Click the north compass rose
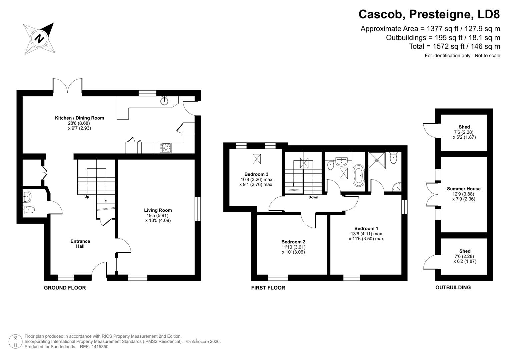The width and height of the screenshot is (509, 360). coord(39,39)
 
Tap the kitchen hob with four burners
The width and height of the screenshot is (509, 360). coord(165,147)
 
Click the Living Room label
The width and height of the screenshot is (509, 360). coord(158,210)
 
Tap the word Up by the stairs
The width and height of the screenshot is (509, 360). coord(87,197)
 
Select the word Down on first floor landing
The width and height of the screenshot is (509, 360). coord(313,197)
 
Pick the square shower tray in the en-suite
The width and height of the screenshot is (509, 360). coord(377,159)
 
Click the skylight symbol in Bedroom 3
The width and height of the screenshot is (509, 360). coord(257,159)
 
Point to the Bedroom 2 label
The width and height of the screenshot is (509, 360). coord(293,242)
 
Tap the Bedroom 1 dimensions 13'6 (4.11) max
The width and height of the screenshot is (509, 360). coord(366,234)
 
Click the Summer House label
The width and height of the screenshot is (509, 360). coord(464,189)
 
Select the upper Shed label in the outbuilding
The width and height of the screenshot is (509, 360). coord(464,127)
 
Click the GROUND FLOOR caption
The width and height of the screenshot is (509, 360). coord(65,288)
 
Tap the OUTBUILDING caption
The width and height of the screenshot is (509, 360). coord(453,287)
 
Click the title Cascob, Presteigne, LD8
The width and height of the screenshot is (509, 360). coord(429,14)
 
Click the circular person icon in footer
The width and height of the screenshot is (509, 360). coord(15,341)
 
